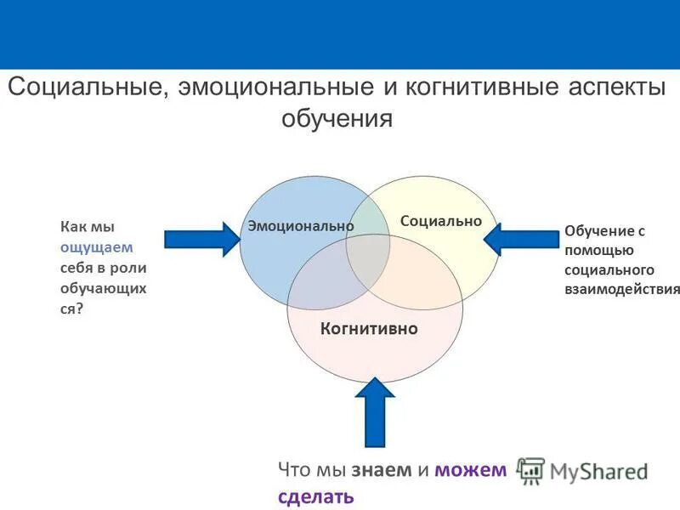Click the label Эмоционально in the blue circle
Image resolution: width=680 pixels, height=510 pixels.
pos(300,226)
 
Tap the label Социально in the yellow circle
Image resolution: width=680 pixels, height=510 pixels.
pos(440,221)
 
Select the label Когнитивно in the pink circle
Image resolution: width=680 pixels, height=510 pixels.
pos(369,328)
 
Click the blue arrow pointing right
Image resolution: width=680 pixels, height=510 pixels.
pos(202,239)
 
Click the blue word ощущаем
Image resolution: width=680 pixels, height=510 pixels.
pos(96,247)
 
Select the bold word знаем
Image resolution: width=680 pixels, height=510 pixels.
pos(381,469)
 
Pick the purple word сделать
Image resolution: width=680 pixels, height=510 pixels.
pos(315,496)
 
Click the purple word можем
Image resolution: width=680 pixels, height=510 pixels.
pos(469,469)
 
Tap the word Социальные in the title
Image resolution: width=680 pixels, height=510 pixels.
pos(85,87)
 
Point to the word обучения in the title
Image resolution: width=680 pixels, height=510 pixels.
pos(337,118)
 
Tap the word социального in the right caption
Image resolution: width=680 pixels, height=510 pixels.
pos(609,270)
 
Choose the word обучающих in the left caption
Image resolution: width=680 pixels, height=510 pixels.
pos(102,288)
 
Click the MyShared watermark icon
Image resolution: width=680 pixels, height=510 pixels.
pos(531,470)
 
